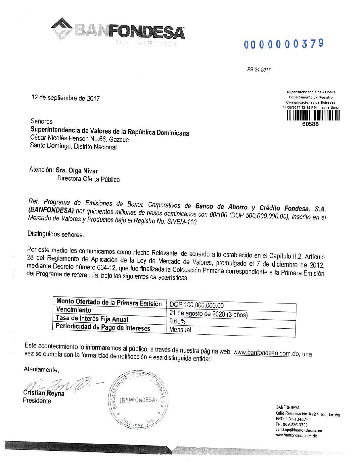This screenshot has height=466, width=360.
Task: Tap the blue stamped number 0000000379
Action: (284, 44)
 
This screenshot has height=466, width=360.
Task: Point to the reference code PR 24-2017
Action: (259, 70)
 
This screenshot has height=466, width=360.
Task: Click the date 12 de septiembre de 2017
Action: (66, 98)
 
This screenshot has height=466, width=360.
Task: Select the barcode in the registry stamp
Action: (313, 115)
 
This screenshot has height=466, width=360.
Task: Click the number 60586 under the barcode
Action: (311, 124)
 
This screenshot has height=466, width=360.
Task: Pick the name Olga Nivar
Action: (83, 171)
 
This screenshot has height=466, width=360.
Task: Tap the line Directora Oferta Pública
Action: (88, 179)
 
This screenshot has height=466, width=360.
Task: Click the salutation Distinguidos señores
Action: (56, 234)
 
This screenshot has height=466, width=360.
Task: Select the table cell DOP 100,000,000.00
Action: (197, 305)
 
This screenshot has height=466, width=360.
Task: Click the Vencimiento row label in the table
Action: (74, 310)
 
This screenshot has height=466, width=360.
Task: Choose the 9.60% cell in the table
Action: (177, 321)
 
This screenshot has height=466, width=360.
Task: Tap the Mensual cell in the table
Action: (180, 330)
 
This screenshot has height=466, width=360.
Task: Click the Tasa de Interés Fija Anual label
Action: (92, 318)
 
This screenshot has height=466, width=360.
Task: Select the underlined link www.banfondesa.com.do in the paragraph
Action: (266, 353)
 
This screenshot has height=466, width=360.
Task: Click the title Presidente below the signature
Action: (37, 401)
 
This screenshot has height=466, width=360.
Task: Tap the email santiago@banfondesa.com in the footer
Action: (298, 430)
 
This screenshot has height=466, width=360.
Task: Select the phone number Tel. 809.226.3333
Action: (292, 425)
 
